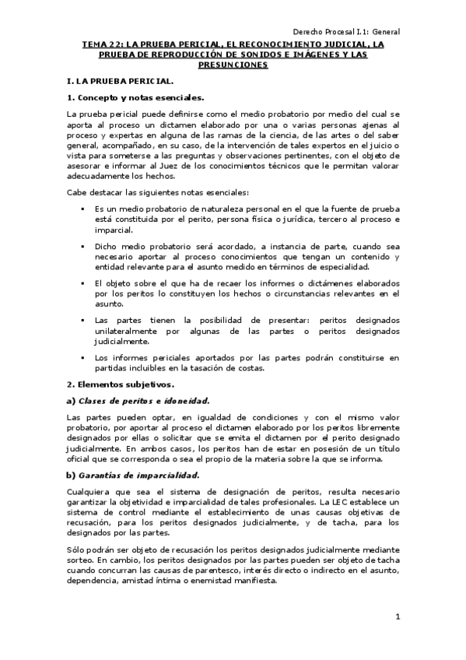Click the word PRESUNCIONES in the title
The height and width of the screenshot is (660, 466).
click(x=233, y=65)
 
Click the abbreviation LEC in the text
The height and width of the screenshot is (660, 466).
click(x=348, y=503)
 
